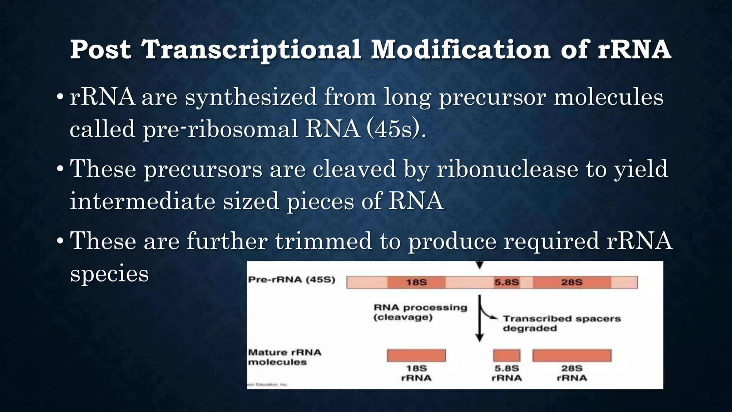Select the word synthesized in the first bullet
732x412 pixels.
(x=251, y=97)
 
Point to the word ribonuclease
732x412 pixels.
(x=507, y=169)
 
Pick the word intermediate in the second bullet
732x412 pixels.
(x=142, y=201)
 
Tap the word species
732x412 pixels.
(x=109, y=274)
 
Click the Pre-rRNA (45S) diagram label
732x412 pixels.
(x=292, y=280)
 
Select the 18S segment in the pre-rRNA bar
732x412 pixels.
(x=416, y=283)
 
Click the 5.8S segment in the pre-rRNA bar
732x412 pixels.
(x=506, y=283)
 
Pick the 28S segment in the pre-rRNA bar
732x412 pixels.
(x=572, y=283)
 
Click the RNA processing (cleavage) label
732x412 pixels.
(x=420, y=312)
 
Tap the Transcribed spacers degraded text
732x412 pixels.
(x=561, y=323)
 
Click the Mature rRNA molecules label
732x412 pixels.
(x=285, y=357)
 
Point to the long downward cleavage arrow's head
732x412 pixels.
(x=479, y=338)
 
